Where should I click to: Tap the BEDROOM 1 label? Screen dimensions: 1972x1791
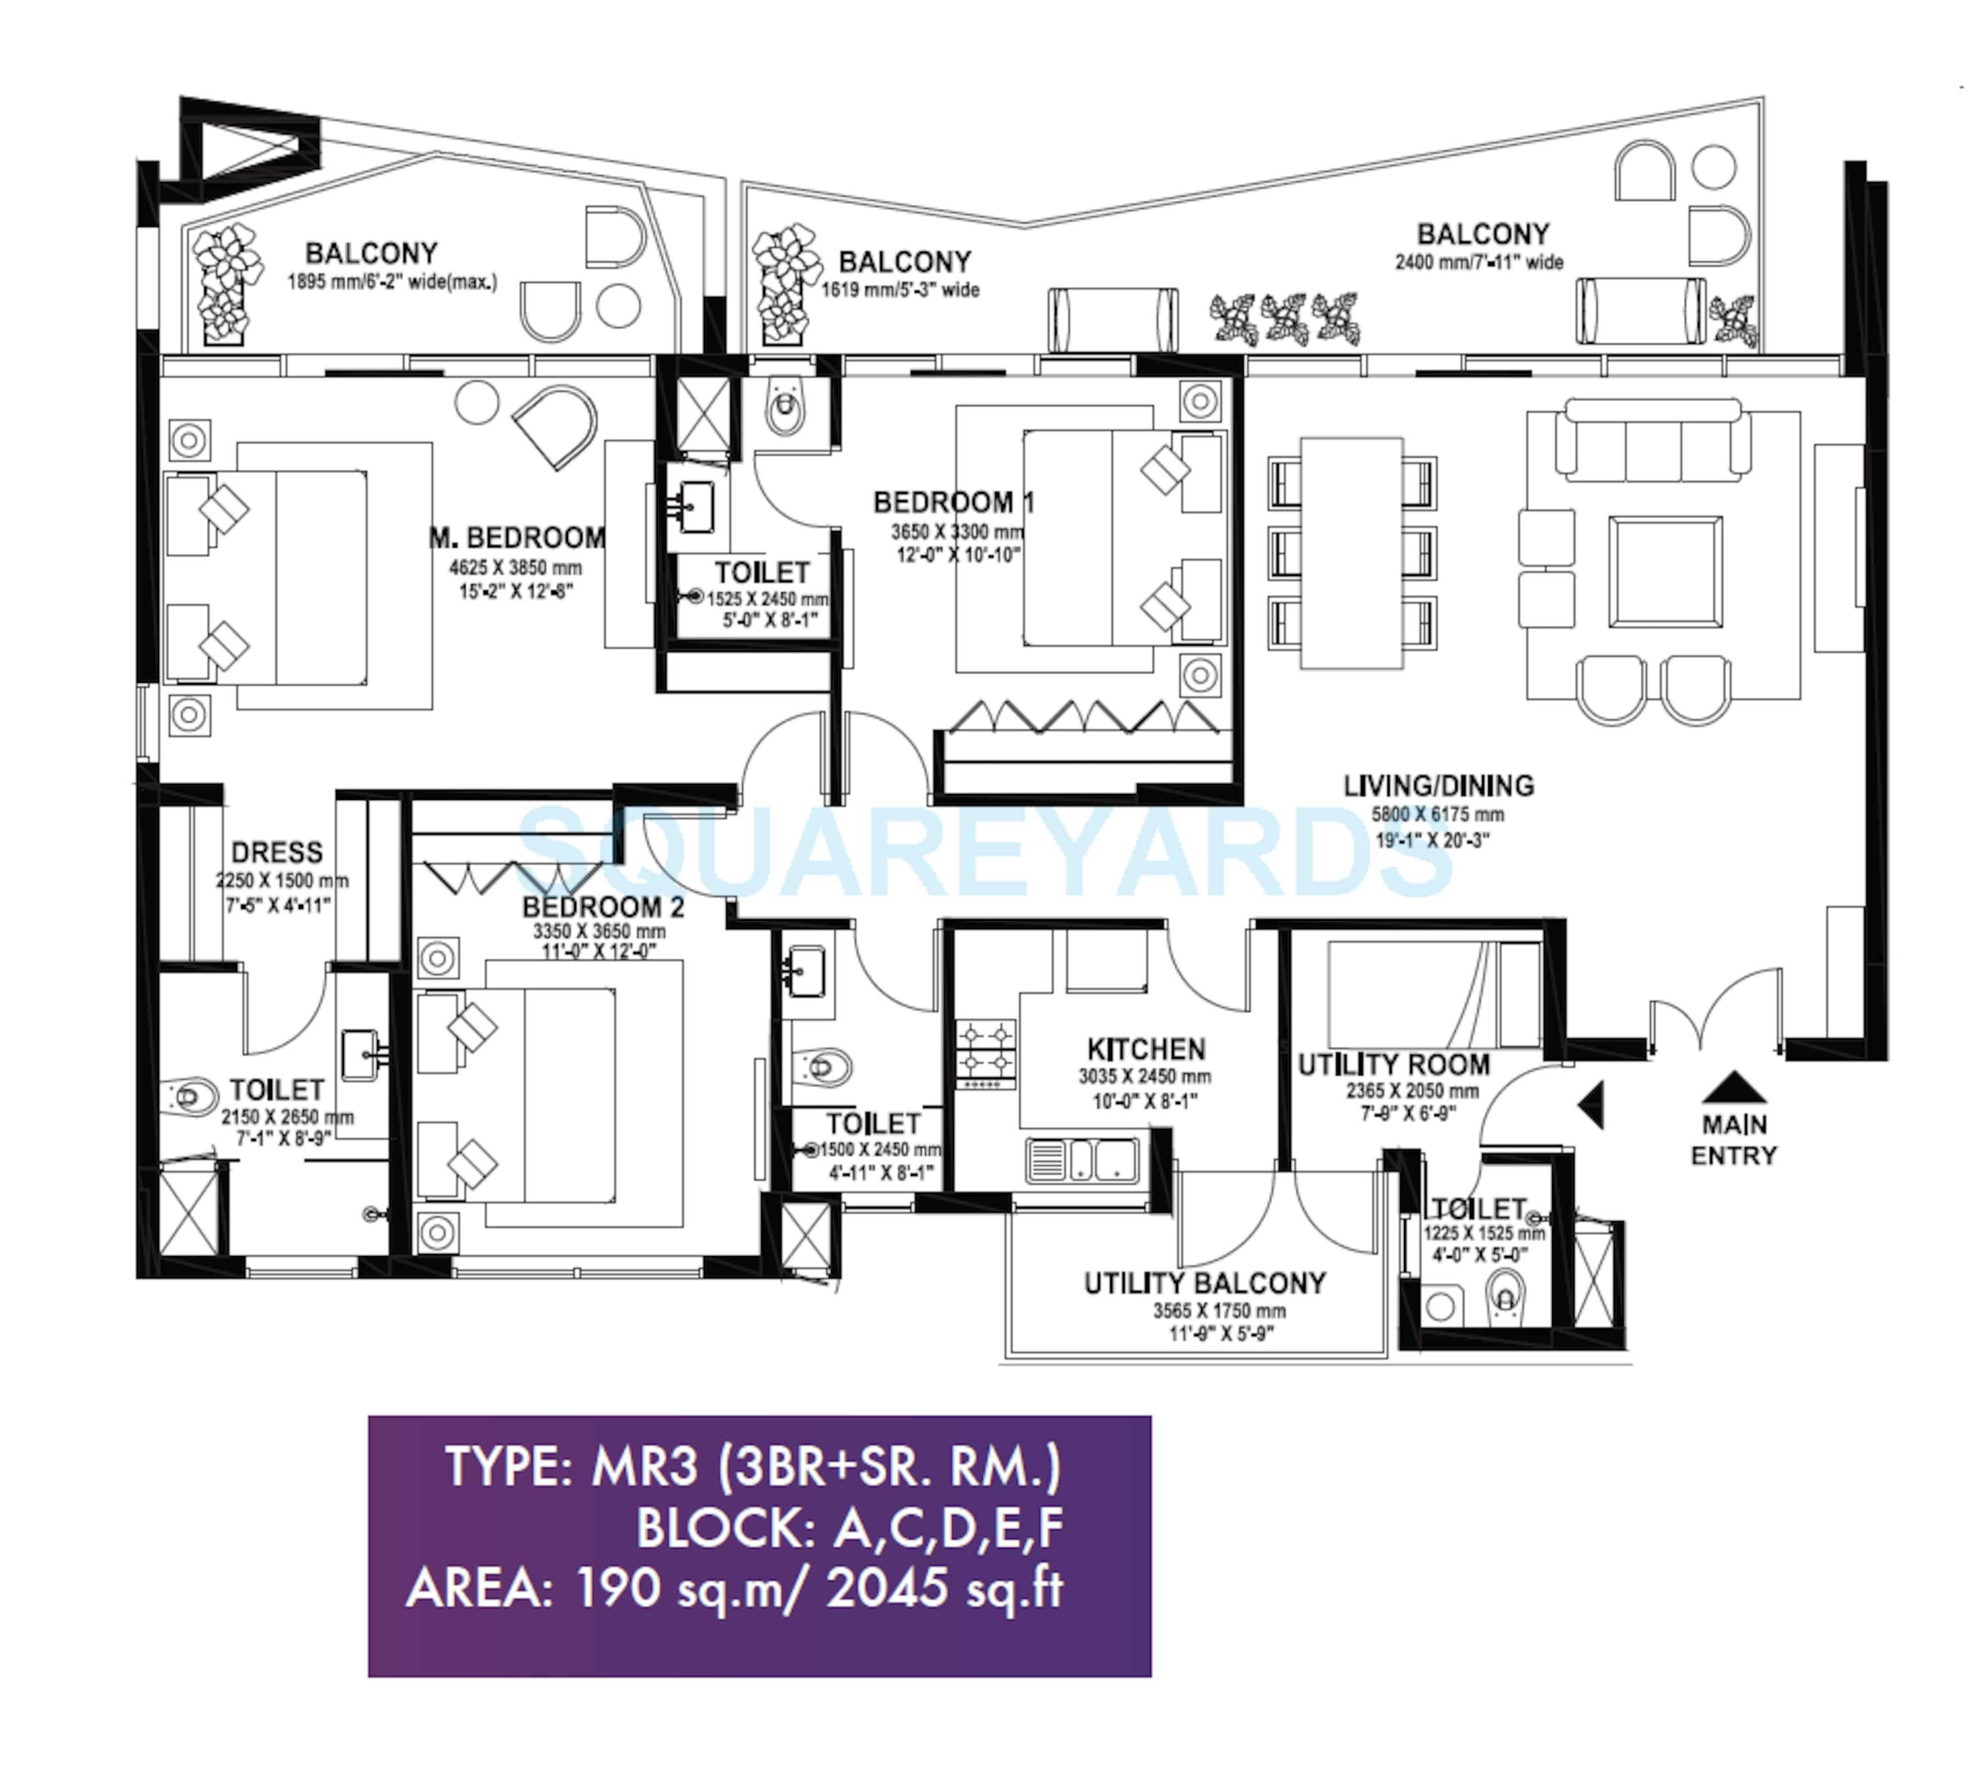point(954,503)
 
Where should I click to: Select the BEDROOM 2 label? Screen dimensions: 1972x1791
point(603,907)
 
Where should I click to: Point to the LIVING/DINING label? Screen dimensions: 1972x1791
point(1438,785)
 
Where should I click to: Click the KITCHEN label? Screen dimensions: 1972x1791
point(1146,1050)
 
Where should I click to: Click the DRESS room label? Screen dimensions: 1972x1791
point(277,852)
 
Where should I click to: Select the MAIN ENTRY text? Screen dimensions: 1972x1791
point(1733,1140)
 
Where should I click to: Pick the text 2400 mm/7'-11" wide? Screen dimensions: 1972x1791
point(1479,262)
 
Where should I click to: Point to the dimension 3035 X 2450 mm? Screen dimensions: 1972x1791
point(1144,1077)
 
